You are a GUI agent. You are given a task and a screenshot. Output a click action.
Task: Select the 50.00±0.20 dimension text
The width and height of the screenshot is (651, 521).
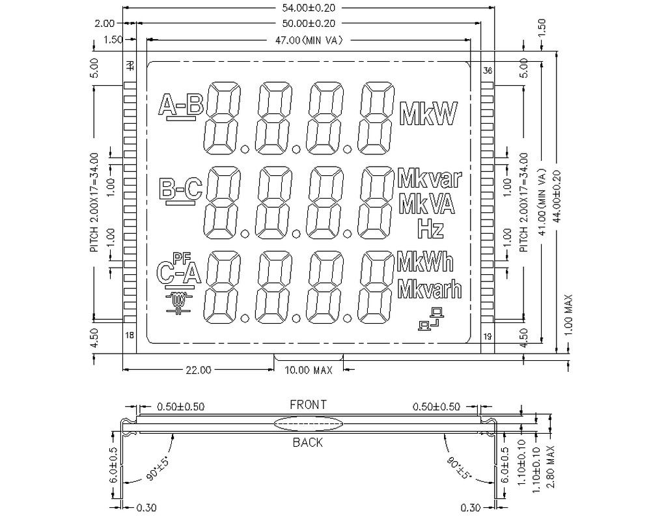click(309, 23)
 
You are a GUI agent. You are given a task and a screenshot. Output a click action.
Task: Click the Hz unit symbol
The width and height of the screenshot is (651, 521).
click(430, 228)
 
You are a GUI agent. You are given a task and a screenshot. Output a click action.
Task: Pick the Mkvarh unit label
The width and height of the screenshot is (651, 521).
click(429, 287)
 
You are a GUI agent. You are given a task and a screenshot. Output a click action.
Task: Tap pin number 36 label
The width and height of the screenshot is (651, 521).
click(486, 70)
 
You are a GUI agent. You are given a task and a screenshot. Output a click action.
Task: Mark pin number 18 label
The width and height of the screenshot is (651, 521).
click(130, 335)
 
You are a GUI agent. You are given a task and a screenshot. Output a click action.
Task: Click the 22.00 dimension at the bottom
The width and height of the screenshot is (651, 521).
click(199, 371)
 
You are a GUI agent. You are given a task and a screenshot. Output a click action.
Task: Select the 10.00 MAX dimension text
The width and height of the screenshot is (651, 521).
click(309, 371)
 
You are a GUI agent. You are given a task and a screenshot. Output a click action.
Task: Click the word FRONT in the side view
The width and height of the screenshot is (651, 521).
click(308, 404)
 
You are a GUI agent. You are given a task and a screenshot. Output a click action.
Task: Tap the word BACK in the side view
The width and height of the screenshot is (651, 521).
click(307, 443)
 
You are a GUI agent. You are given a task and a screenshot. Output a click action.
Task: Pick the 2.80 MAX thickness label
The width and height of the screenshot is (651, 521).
click(550, 466)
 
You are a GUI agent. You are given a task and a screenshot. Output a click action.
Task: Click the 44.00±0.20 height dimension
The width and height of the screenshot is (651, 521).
click(555, 195)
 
